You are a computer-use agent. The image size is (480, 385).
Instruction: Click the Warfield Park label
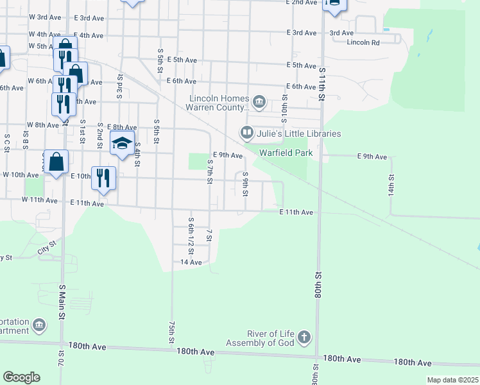click(286, 153)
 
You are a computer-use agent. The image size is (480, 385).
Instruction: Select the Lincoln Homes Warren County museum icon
click(259, 101)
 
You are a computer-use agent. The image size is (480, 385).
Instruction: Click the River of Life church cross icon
click(304, 337)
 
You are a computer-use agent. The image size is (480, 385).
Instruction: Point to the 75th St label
click(171, 332)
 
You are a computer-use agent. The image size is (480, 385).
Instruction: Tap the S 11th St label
click(321, 83)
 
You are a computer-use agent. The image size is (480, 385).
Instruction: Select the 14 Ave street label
click(191, 262)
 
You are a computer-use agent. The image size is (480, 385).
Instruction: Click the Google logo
click(21, 377)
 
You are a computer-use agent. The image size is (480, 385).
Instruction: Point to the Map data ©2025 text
click(452, 380)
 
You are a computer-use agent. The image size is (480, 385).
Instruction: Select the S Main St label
click(62, 302)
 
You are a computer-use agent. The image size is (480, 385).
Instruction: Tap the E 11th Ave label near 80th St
click(296, 212)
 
